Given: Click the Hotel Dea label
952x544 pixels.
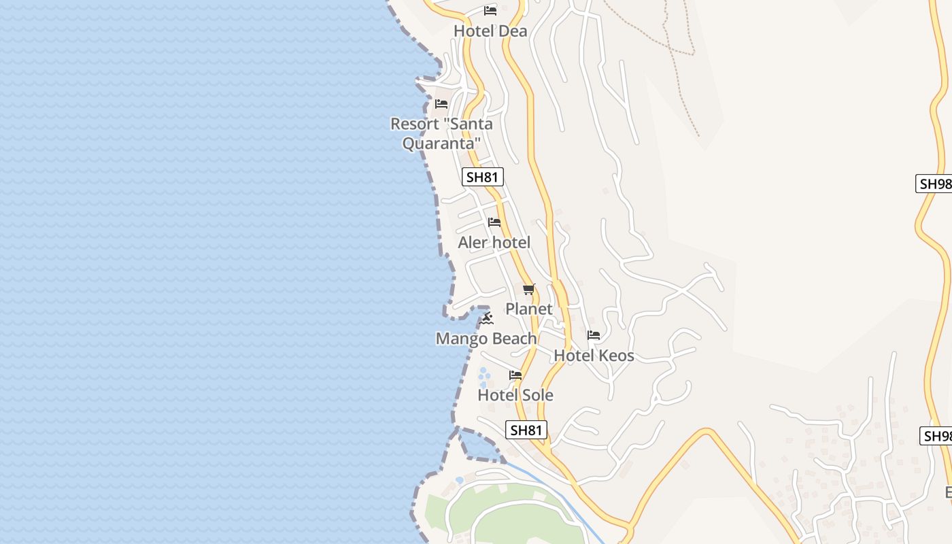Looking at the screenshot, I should (490, 31).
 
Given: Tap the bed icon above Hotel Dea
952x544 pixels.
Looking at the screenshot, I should (490, 11).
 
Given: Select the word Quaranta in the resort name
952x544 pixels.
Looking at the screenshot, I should (441, 143).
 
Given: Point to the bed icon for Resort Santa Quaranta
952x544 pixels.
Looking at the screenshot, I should (441, 104).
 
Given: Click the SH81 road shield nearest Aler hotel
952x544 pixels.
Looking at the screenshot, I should (482, 177).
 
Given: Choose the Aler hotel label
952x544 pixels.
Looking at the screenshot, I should (494, 243).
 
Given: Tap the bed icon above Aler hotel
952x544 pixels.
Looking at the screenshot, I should (494, 222).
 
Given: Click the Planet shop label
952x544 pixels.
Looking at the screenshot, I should (528, 309).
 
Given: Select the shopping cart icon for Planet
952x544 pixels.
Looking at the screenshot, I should (529, 289).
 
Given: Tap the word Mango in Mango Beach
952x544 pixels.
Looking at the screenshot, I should (460, 339).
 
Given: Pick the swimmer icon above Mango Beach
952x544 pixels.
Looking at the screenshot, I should (487, 318).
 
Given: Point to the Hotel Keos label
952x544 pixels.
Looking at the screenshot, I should (594, 356).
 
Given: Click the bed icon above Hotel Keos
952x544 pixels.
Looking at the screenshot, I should (594, 335).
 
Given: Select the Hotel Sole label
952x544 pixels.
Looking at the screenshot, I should (515, 395).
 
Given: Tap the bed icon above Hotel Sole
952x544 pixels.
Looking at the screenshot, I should (515, 375).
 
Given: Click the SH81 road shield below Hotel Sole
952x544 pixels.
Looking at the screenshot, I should (526, 430).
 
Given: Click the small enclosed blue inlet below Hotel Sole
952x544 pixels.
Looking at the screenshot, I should (479, 445).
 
